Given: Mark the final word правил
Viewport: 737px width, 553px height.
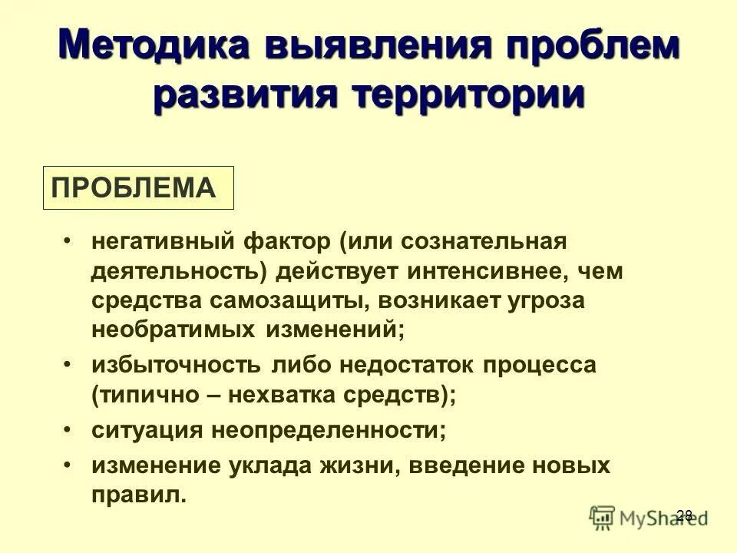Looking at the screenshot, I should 138,495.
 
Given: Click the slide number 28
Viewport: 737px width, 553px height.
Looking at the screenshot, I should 684,515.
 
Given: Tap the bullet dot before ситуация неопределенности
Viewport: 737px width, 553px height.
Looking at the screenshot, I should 69,429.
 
